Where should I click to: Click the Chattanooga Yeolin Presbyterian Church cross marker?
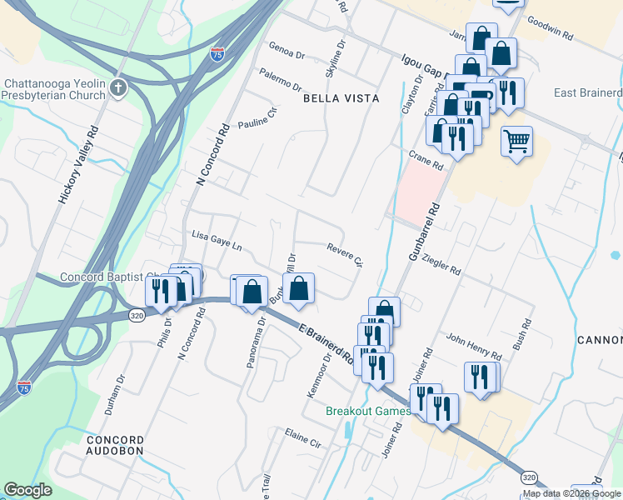118,88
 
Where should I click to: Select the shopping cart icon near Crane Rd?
516,142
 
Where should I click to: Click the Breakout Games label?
367,411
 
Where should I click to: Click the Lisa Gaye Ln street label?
216,240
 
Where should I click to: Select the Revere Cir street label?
346,256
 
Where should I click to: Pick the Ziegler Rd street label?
441,264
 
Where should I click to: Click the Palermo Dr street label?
279,80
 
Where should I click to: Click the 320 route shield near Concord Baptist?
137,315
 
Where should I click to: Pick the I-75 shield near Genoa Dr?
217,55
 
